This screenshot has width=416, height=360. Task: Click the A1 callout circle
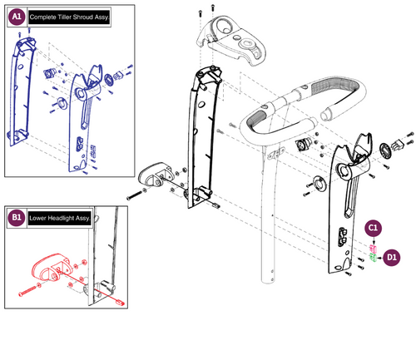pos(17,17)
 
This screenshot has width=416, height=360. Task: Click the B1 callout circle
pos(17,217)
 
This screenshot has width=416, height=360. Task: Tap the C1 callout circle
pos(373,228)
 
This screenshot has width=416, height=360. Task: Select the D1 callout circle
pos(391,258)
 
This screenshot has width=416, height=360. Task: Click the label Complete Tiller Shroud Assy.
pos(69,17)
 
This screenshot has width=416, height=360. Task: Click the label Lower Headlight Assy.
pos(60,218)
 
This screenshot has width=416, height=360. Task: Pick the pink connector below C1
pos(373,248)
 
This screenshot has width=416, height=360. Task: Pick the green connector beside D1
pos(373,258)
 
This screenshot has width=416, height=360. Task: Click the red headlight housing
pos(51,266)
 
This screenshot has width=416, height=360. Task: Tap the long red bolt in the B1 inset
pos(27,291)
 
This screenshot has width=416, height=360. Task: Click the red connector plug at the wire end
pos(121,303)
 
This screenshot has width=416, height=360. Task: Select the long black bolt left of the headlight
pos(134,195)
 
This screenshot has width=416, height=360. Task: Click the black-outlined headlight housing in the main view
pos(155,175)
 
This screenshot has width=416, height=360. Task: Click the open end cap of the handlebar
pos(326,115)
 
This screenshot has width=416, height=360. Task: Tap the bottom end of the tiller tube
pos(268,280)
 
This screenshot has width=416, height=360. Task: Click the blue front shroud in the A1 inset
pos(20,91)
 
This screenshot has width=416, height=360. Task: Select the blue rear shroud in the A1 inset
pos(84,118)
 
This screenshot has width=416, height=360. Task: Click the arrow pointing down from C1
pos(374,240)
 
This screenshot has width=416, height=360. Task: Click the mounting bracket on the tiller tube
pos(275,153)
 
